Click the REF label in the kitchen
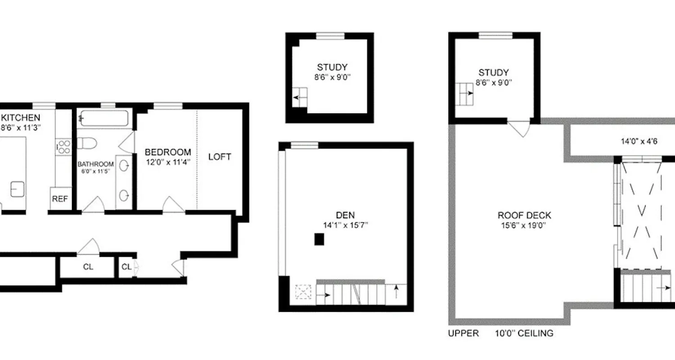tap(60, 199)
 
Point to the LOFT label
tap(220, 157)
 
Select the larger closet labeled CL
tap(88, 267)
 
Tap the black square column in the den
tap(319, 239)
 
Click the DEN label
tap(343, 215)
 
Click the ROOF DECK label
tap(524, 216)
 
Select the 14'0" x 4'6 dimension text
tap(639, 141)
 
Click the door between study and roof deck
tap(519, 129)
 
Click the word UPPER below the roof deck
tap(463, 333)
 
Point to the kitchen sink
tap(18, 189)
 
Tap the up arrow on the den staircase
tap(396, 293)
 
